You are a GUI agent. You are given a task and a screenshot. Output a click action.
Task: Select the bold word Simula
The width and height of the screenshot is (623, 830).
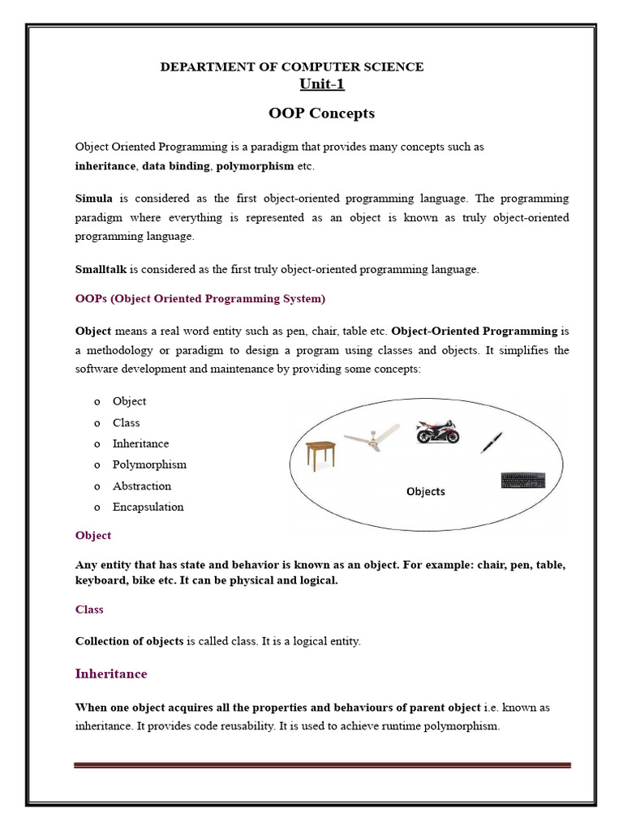pos(94,199)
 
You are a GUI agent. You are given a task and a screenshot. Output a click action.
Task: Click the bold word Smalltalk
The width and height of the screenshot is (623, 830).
pos(101,269)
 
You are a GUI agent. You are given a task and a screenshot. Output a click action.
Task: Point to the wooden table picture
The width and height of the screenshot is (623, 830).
pos(320,453)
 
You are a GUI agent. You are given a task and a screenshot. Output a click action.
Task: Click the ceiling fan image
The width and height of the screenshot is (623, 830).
pos(372,437)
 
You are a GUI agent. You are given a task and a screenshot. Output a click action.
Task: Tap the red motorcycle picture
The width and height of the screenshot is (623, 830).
pos(437,432)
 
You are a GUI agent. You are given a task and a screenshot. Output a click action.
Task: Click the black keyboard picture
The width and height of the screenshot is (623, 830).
pos(523,480)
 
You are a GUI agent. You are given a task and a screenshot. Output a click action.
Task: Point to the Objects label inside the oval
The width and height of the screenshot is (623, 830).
pos(426,491)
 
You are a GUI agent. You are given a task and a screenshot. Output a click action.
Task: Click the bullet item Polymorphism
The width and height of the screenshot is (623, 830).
pos(149,464)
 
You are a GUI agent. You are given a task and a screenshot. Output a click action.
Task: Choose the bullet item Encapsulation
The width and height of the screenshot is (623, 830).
pos(148,507)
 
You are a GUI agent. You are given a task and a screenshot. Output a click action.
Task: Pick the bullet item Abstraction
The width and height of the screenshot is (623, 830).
pos(142,486)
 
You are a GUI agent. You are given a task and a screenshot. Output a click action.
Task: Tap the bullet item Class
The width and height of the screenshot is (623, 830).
pos(127,422)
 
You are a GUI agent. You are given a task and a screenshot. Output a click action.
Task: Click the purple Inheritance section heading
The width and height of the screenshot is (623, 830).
pos(111,674)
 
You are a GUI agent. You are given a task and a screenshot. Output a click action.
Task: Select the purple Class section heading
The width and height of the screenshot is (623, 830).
pos(89,609)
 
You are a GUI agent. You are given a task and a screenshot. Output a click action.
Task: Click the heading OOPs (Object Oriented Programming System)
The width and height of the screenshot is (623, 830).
pos(200,298)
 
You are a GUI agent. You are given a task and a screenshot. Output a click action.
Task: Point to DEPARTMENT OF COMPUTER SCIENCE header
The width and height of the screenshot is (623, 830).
pos(292,66)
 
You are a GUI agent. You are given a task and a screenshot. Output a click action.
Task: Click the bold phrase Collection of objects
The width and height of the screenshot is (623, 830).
pos(130,641)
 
